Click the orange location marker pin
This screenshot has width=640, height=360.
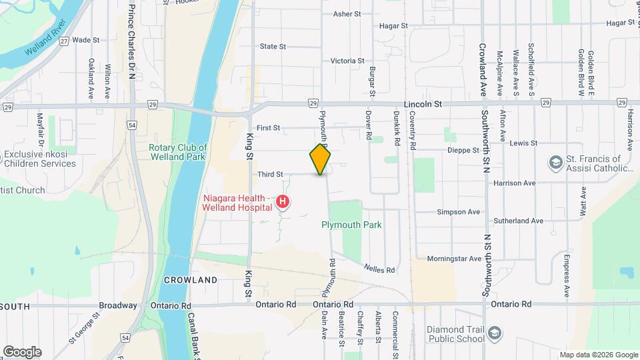(321, 160)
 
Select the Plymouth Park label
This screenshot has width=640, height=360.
(351, 225)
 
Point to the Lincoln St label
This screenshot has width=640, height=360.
(423, 105)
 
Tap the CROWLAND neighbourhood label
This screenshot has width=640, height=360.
(191, 280)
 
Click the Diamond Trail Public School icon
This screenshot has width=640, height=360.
(494, 332)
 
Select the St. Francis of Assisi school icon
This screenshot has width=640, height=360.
(555, 163)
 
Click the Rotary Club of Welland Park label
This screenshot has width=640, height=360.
(178, 153)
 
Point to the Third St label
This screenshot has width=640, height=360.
(270, 175)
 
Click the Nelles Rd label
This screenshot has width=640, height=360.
(379, 269)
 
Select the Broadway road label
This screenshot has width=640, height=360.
(117, 305)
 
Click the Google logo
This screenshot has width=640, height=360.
(22, 352)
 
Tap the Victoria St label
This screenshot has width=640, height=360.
(347, 61)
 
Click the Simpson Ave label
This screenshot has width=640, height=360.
(458, 212)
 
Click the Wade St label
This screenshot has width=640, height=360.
(85, 40)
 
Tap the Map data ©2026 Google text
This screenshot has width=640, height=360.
(598, 355)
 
